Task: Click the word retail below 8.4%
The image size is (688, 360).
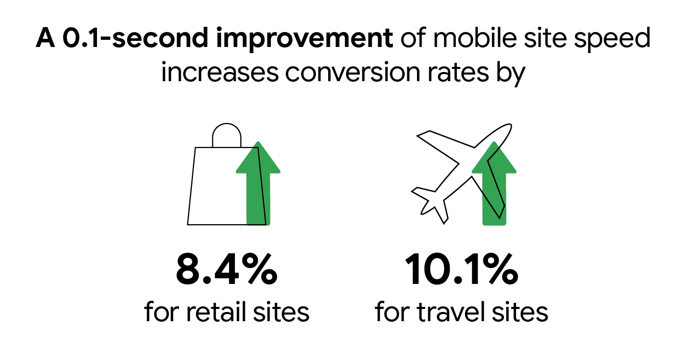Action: [217, 311]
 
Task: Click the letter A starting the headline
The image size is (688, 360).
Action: [45, 40]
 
